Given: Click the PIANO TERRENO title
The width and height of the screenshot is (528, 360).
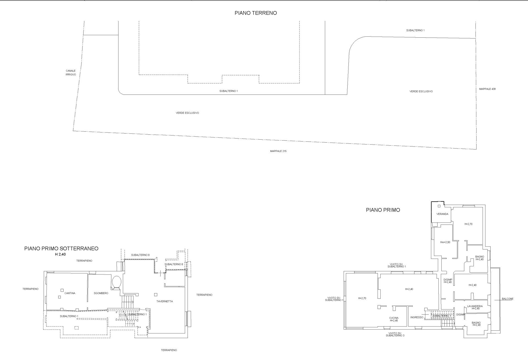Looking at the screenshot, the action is point(255,13).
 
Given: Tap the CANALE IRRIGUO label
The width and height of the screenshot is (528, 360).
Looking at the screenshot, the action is point(71,73).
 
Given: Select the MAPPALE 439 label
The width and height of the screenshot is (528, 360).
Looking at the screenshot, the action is point(487,89).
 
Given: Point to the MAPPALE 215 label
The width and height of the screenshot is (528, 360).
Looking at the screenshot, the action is point(278,151).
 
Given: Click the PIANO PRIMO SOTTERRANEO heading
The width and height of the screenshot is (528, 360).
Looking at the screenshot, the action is point(61,249).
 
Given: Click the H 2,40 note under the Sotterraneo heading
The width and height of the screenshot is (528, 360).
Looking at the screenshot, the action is point(60,254).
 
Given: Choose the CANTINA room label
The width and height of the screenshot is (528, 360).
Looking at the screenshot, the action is point(70,293).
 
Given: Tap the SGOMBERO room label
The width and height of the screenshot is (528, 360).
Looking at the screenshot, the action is point(101,293).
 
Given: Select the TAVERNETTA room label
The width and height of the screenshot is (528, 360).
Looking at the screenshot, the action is point(165,301).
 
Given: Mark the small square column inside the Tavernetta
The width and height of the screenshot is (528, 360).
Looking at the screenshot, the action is point(156,295).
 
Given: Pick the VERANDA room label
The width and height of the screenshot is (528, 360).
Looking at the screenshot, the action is point(442,214).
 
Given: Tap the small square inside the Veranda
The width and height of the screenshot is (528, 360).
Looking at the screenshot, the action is point(439,206).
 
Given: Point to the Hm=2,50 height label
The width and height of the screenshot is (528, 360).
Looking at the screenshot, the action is point(445,242).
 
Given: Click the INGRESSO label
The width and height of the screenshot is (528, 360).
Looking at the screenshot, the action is point(417,317).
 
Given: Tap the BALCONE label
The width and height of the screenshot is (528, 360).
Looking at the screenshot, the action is point(508,299).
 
